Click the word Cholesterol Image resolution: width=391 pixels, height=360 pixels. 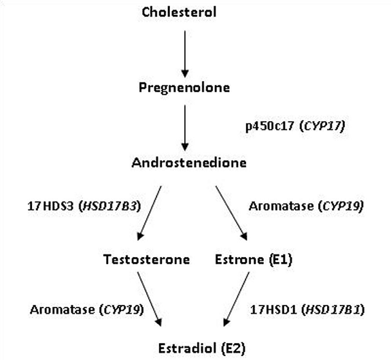179,12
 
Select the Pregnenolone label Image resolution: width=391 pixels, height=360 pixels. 184,88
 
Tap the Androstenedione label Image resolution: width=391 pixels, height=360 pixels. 189,163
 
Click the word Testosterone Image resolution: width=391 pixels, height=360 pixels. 146,259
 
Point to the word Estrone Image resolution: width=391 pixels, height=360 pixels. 239,259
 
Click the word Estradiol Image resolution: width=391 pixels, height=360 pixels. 187,348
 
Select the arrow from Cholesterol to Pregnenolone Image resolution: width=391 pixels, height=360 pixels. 185,54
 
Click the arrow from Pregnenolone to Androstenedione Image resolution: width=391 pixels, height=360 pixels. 185,128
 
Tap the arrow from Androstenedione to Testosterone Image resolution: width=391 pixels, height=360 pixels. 150,213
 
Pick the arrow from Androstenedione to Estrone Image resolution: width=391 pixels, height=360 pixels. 231,213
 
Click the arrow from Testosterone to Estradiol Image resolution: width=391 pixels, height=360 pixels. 150,299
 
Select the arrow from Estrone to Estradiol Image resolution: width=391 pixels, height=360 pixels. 237,299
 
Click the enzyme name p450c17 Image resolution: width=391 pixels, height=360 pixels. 270,126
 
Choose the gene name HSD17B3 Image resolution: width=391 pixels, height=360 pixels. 110,206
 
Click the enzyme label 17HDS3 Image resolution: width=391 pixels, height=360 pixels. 50,206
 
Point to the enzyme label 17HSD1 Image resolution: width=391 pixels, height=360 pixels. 273,310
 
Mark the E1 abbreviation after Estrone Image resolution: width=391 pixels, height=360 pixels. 281,259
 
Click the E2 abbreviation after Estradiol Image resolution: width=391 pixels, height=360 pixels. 234,348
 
